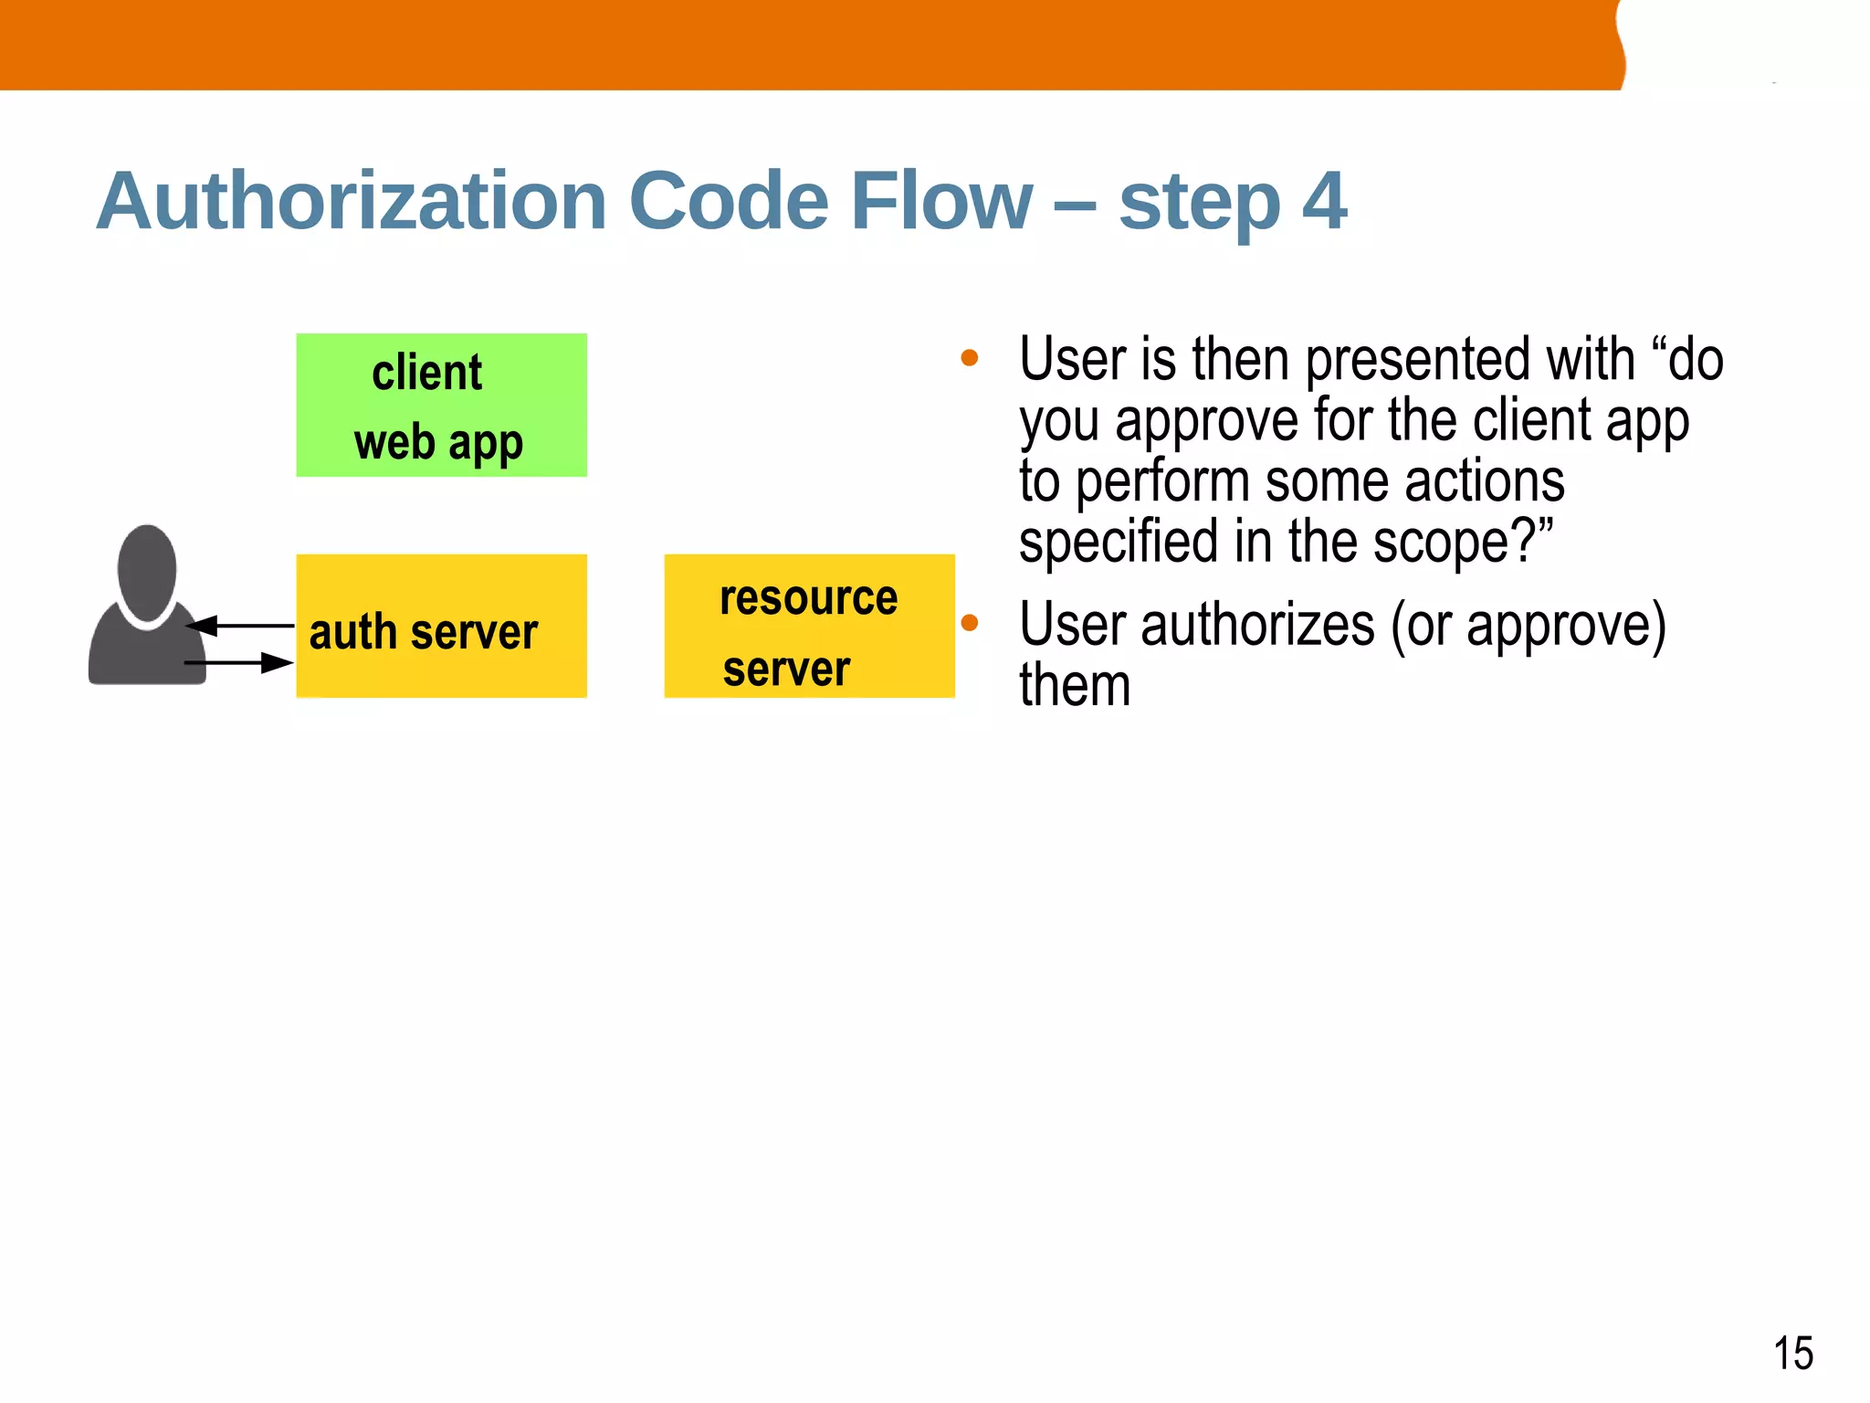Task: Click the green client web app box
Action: [441, 405]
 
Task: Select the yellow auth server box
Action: [441, 626]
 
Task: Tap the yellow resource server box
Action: [809, 626]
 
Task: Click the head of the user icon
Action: [147, 574]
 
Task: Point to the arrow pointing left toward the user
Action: [239, 626]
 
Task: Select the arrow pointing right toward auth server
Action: [239, 663]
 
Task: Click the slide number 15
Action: [1792, 1353]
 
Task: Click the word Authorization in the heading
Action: [352, 201]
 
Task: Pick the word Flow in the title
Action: [940, 201]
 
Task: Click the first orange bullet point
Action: [970, 358]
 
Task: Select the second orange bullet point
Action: [970, 624]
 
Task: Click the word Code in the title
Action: [728, 201]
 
